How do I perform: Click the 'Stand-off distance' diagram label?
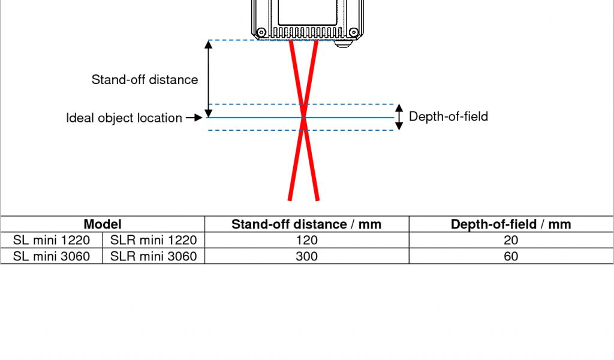[145, 80]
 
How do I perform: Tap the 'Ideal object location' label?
[124, 118]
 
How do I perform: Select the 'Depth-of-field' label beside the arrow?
[448, 116]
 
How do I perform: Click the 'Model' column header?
[103, 224]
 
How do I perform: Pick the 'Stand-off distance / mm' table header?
[306, 224]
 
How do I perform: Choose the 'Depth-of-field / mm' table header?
[511, 224]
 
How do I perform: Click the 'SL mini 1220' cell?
[52, 241]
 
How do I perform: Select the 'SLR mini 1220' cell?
[153, 241]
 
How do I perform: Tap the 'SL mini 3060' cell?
[52, 256]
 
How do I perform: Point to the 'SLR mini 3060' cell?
[153, 256]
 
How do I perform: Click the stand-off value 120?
[306, 241]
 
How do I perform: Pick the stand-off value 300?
[306, 256]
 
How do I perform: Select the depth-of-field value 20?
[511, 241]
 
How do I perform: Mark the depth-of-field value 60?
[511, 256]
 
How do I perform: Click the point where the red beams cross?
[303, 118]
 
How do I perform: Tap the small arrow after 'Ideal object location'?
[194, 118]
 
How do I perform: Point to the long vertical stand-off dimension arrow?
[209, 79]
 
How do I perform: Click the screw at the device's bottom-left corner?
[261, 32]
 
